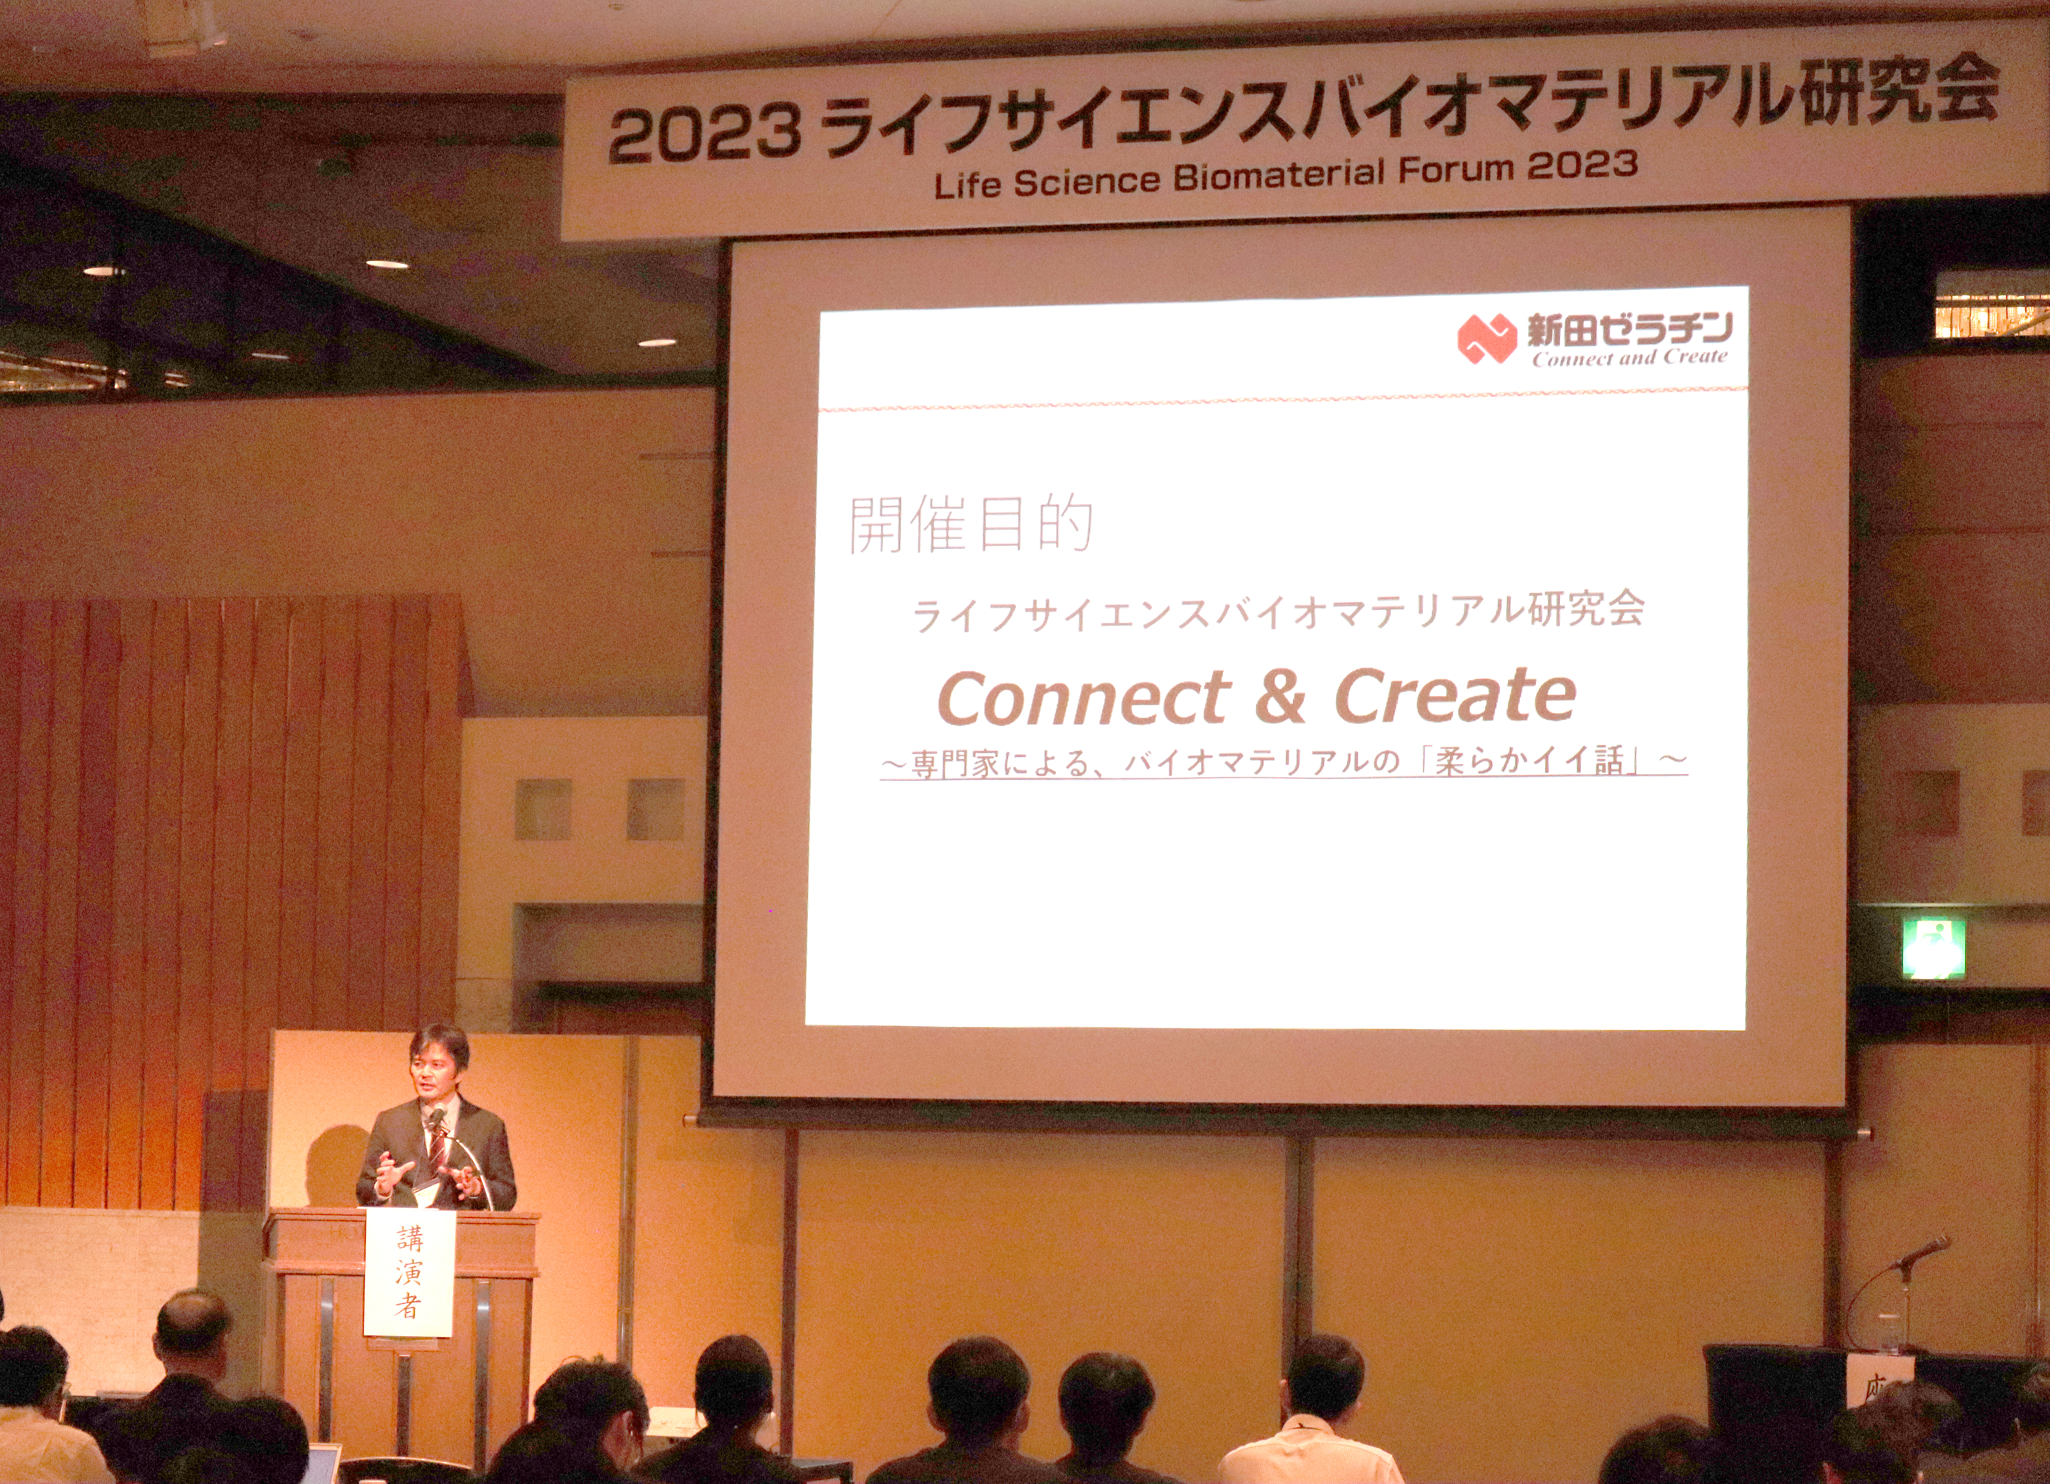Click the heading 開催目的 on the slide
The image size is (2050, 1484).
[971, 524]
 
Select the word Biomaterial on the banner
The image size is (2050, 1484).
[1279, 174]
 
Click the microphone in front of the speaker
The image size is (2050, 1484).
[437, 1120]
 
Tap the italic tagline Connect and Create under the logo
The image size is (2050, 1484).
[1629, 358]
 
